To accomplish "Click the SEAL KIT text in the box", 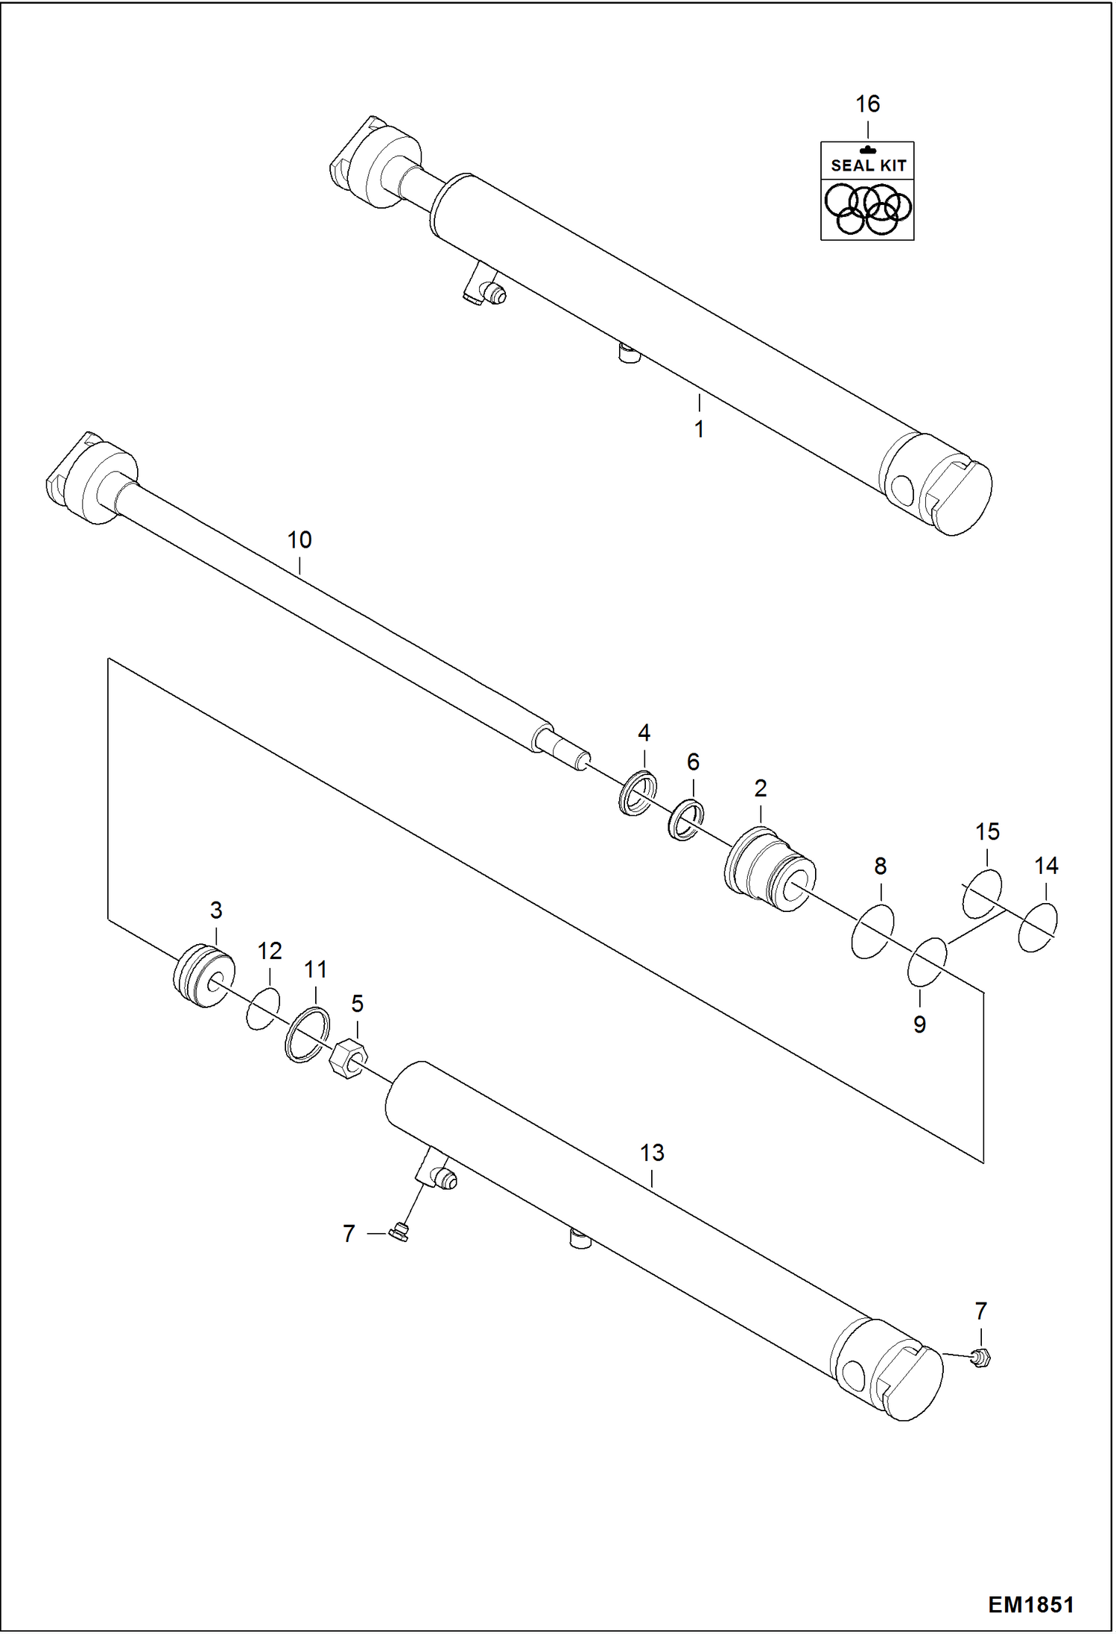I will tap(868, 165).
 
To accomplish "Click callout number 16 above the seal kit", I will tap(867, 104).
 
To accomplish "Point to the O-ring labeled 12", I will tap(262, 1009).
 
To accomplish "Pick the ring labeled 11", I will tap(307, 1033).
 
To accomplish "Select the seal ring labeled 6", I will tap(685, 819).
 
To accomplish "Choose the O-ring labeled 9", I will tap(927, 962).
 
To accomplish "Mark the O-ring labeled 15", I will tap(982, 892).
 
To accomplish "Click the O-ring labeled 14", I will tap(1036, 927).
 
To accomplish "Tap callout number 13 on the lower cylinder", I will tap(652, 1153).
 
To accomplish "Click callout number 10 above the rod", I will tap(299, 540).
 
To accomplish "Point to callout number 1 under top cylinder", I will tap(699, 430).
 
